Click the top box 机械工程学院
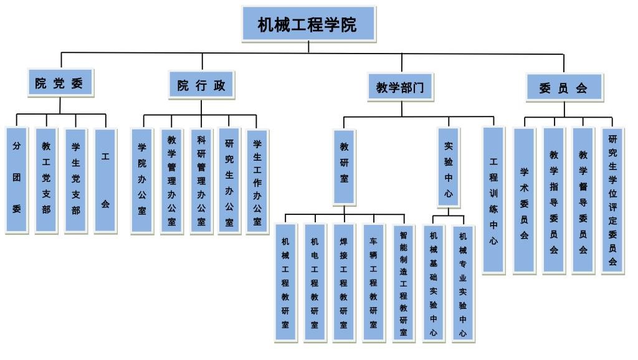(x=308, y=24)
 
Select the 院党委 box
(x=60, y=83)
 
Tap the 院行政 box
(x=202, y=85)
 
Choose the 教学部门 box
(x=400, y=87)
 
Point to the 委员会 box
(x=564, y=87)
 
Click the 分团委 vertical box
(x=17, y=180)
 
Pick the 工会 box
(x=105, y=180)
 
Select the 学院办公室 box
(x=142, y=181)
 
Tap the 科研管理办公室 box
(x=201, y=181)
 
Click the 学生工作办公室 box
(x=257, y=181)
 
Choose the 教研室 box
(x=345, y=166)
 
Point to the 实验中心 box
(x=448, y=166)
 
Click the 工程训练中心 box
(x=493, y=200)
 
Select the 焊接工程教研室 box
(x=343, y=282)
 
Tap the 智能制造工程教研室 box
(x=403, y=282)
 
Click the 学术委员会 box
(x=524, y=200)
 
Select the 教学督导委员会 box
(x=583, y=200)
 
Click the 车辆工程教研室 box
(x=373, y=282)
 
